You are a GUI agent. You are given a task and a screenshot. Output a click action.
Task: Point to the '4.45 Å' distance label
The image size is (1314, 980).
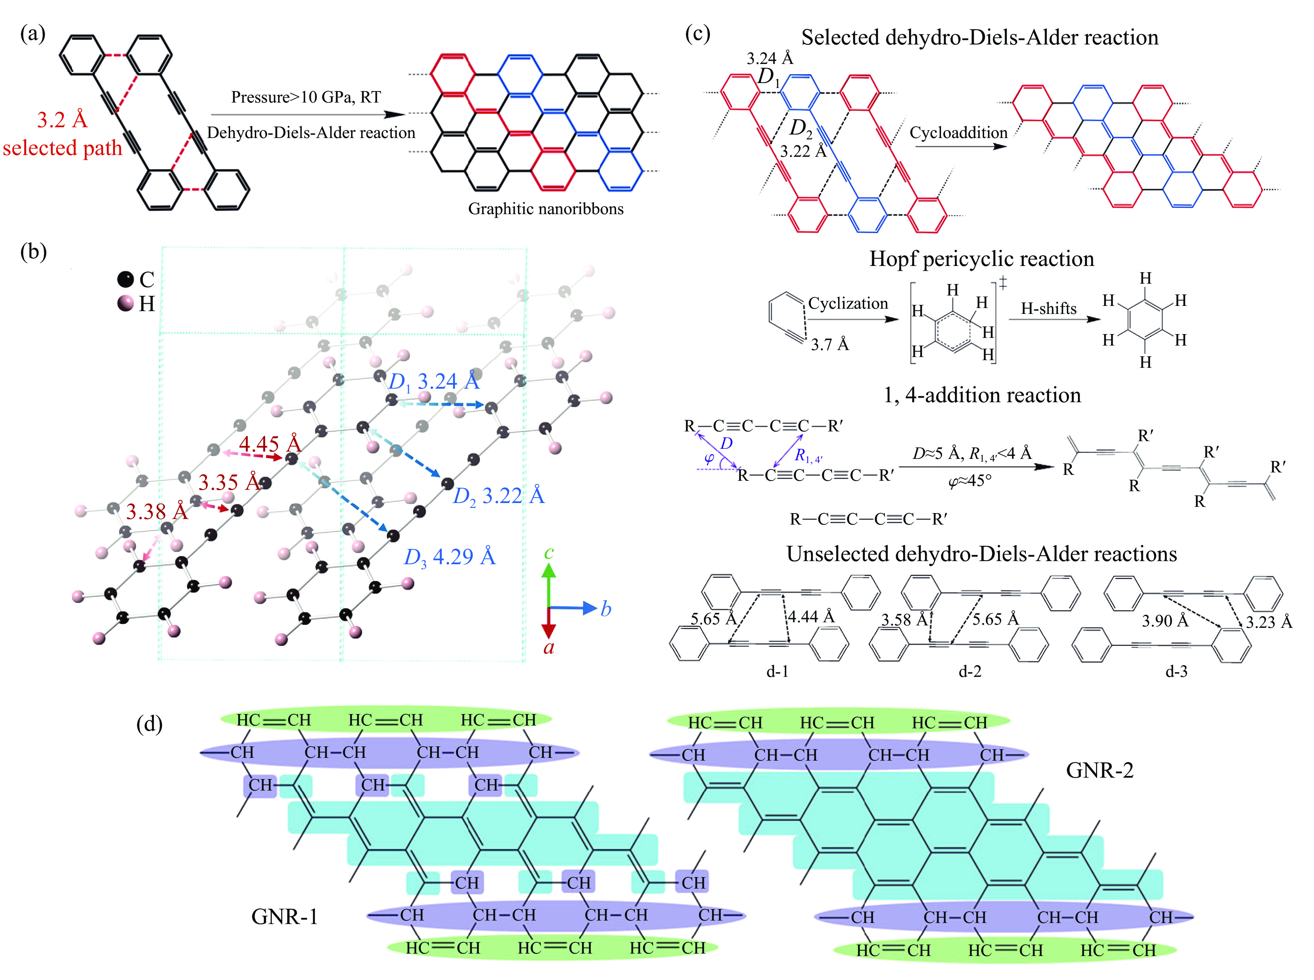[x=270, y=444]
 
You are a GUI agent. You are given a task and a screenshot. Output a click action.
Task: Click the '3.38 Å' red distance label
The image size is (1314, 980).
[x=157, y=511]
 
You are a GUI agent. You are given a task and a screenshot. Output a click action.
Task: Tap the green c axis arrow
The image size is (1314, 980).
[x=549, y=581]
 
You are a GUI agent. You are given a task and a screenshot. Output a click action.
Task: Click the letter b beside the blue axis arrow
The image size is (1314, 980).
[x=605, y=609]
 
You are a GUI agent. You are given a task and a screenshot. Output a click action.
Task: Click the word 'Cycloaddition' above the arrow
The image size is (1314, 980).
[x=958, y=132]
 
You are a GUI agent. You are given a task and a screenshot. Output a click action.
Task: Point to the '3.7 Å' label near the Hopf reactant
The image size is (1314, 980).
[x=829, y=345]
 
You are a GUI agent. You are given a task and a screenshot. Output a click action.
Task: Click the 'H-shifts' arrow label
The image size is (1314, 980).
[x=1048, y=308]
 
